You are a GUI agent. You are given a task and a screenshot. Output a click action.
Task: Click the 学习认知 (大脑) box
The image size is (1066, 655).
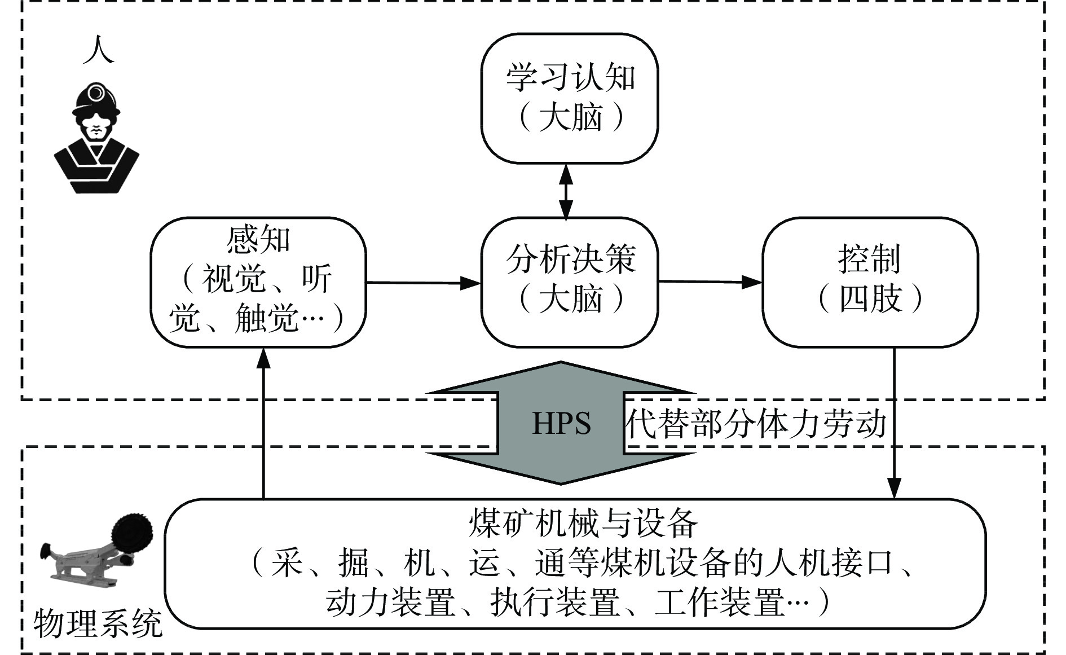point(570,99)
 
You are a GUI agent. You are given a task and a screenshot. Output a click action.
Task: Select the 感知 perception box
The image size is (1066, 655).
point(258,282)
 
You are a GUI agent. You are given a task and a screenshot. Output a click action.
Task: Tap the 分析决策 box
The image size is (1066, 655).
point(570,282)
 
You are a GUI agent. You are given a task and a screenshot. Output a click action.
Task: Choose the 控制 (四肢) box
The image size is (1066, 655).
point(870,282)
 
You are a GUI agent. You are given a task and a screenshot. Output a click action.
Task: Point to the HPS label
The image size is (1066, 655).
point(561,424)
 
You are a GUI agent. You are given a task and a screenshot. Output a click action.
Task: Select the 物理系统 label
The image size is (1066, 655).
point(98,623)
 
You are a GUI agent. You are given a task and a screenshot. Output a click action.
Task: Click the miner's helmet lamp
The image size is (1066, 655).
point(96,92)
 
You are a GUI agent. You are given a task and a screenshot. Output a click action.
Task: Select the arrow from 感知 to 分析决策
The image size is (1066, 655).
point(423,282)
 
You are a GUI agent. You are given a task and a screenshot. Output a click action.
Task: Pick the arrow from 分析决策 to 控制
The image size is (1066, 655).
point(711,281)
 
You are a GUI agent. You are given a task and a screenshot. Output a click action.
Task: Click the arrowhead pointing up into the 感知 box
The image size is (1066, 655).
point(263,359)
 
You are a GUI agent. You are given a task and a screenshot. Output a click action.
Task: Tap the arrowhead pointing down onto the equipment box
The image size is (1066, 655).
point(895,488)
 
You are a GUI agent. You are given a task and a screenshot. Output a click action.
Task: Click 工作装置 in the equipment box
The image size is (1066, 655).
point(719,603)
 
